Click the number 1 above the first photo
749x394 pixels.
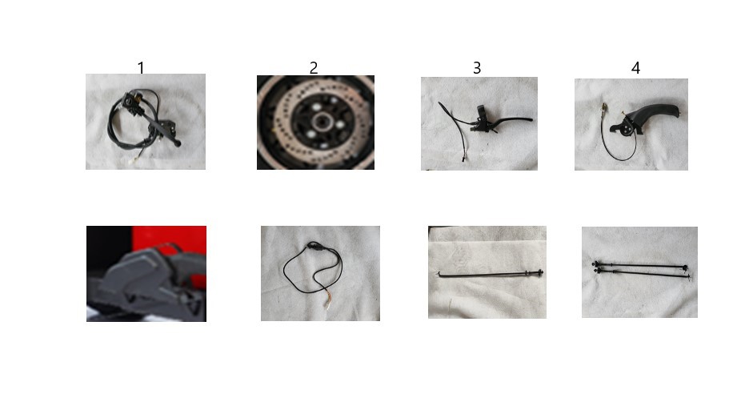(141, 68)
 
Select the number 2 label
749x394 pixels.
(314, 68)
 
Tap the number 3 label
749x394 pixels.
(477, 68)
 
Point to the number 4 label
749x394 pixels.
(635, 68)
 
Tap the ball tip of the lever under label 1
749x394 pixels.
(178, 143)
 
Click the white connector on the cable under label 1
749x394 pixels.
(132, 161)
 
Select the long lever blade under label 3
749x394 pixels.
(515, 120)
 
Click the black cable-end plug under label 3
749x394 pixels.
(463, 159)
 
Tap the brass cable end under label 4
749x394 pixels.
(604, 107)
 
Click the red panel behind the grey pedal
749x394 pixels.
(170, 239)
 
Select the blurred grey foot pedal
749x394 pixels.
(143, 282)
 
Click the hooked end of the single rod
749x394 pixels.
(439, 274)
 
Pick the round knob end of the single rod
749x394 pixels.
(540, 273)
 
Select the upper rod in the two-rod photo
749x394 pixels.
(639, 265)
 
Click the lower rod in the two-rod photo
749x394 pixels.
(642, 274)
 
